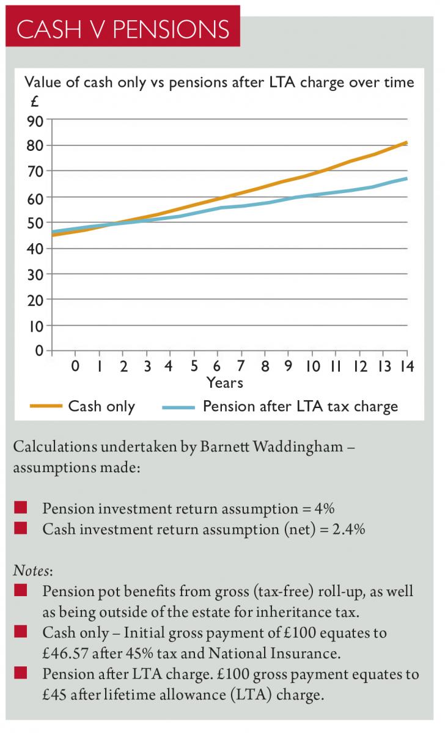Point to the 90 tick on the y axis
click(35, 120)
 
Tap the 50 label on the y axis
click(35, 223)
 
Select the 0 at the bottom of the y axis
click(39, 351)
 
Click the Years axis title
click(224, 383)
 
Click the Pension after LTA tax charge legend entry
click(300, 406)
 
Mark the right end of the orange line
click(406, 142)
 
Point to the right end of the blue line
click(406, 178)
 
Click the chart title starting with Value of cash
click(219, 82)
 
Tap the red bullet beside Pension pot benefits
click(20, 591)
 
